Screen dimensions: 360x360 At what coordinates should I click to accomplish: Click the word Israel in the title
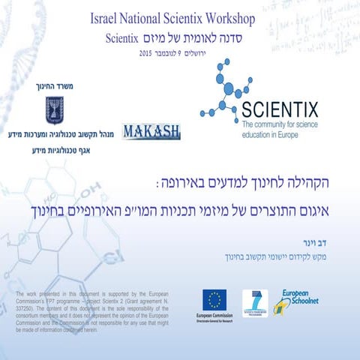click(105, 16)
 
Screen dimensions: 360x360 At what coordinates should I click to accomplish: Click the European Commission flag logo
click(214, 301)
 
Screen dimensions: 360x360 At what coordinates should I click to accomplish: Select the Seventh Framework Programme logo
click(255, 302)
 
